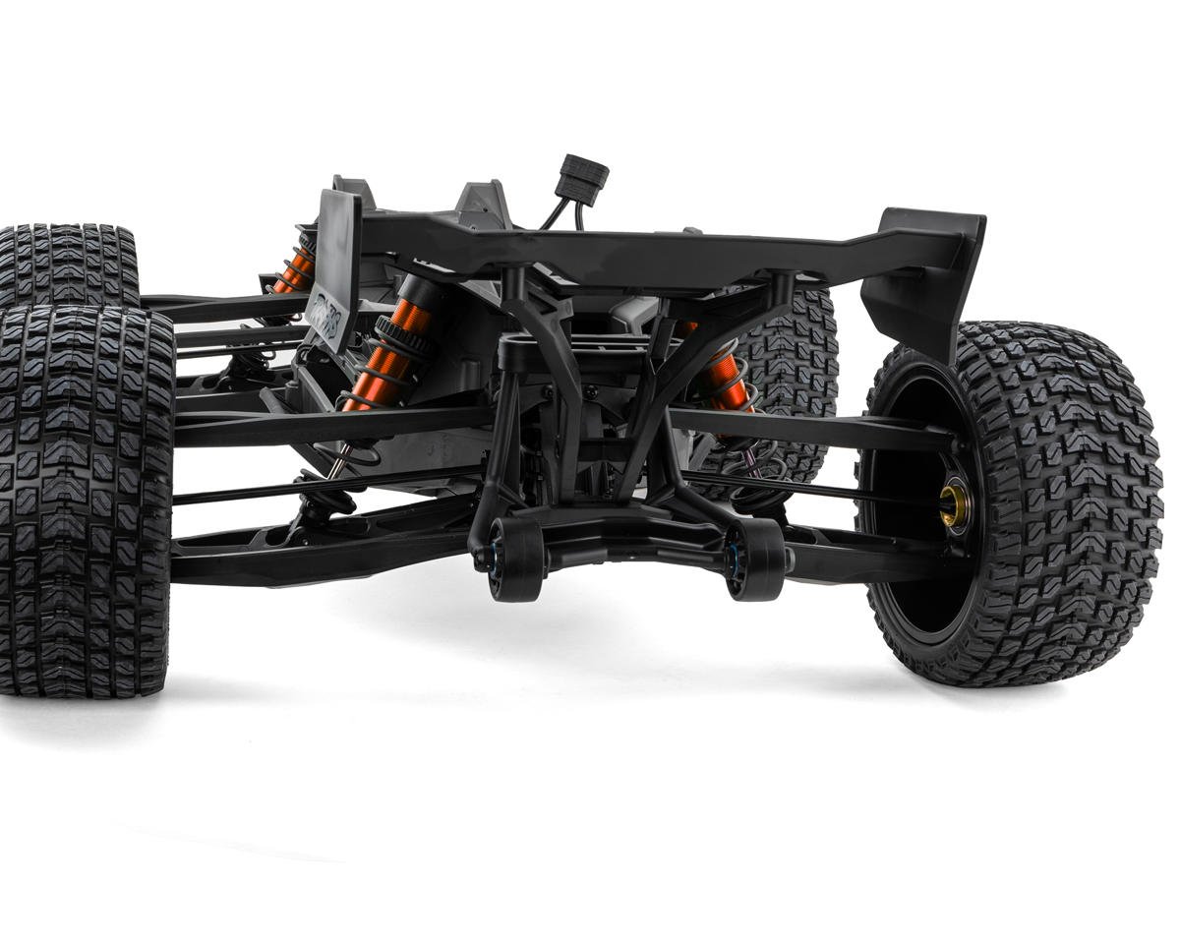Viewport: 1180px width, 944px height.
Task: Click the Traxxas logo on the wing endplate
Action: tap(325, 314)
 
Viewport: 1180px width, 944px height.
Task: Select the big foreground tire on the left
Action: tap(84, 501)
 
